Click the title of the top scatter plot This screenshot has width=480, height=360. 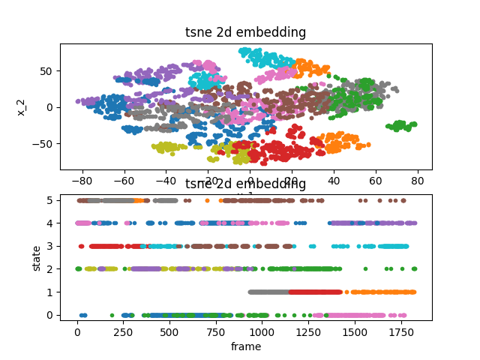245,32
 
